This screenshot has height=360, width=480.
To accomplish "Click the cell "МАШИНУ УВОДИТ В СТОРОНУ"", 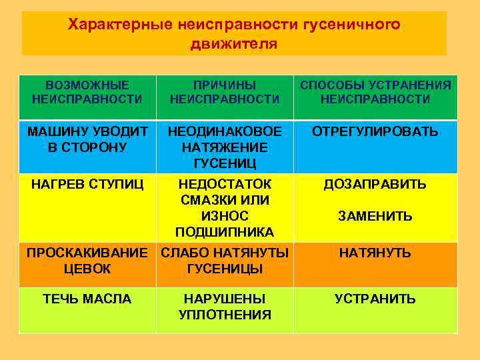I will [87, 139].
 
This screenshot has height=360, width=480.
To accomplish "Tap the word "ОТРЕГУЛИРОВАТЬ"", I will [375, 131].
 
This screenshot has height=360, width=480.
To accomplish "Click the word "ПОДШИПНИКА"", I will [225, 232].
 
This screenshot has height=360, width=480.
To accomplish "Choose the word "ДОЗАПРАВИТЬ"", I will [375, 184].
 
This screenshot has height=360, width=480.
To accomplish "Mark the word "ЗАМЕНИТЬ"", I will [375, 216].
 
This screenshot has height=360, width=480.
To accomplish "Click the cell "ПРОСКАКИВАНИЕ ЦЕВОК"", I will [87, 261].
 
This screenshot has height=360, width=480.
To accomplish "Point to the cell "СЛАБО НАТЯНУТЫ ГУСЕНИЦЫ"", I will [225, 261].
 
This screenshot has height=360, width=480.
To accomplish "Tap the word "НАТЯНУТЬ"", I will [375, 253].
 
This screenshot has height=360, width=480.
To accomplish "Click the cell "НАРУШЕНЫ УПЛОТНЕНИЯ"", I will [225, 307].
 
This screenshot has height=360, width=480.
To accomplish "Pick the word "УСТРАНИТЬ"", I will [375, 299].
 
